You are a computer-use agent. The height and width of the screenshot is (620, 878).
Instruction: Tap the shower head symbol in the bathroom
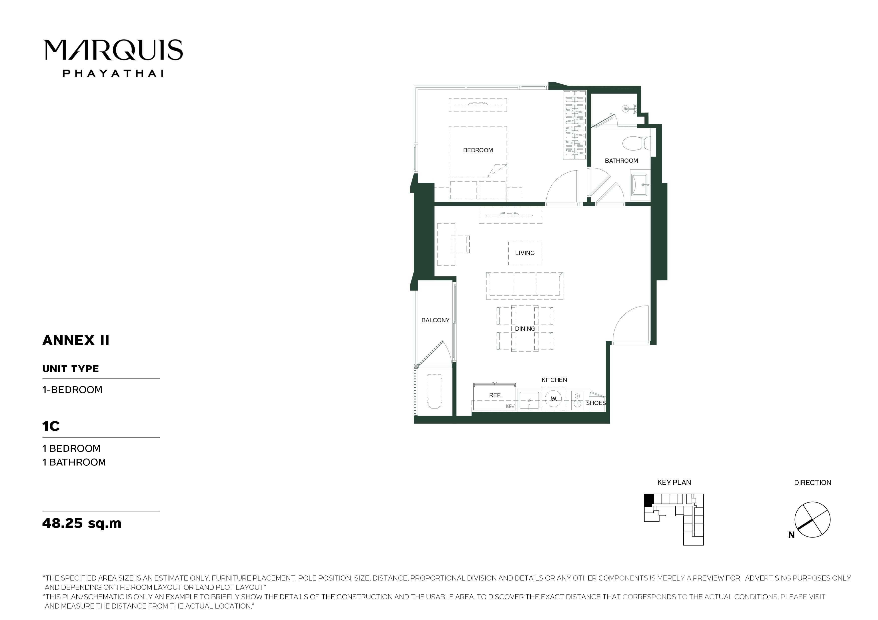coord(626,108)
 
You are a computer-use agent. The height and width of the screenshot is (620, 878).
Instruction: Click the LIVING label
coord(525,253)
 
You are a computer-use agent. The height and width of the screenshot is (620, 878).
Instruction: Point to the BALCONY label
coord(435,320)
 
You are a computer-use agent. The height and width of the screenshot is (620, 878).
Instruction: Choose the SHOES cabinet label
coord(596,403)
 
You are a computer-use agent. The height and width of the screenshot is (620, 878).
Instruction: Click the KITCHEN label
coord(554,380)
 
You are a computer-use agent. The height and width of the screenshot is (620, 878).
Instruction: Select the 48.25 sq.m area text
coord(82,523)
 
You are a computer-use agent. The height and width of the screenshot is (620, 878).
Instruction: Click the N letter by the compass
coord(791,535)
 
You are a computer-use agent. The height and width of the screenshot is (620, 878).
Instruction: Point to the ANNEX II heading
coord(76,340)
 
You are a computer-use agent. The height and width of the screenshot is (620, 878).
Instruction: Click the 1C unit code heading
coord(51,426)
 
